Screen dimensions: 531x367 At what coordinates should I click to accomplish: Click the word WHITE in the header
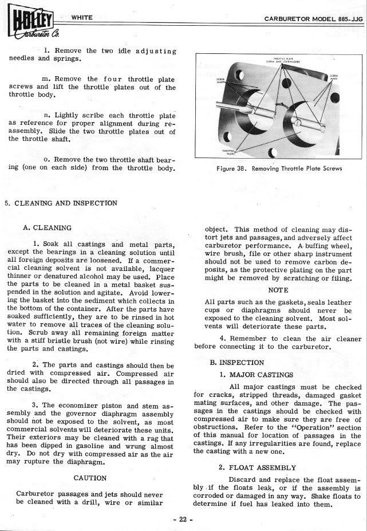[82, 18]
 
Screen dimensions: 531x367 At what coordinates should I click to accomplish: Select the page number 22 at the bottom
[183, 520]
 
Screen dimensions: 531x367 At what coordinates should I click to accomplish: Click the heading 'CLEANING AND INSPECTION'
[64, 203]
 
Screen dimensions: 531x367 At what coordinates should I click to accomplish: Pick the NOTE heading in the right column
[278, 290]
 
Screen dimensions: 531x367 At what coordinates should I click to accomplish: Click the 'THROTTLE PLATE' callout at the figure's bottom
[230, 152]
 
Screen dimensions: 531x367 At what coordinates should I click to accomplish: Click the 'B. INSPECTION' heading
[237, 363]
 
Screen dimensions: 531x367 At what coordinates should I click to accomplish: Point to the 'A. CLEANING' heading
[48, 227]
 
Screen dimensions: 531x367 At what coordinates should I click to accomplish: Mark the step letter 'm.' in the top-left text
[49, 78]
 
